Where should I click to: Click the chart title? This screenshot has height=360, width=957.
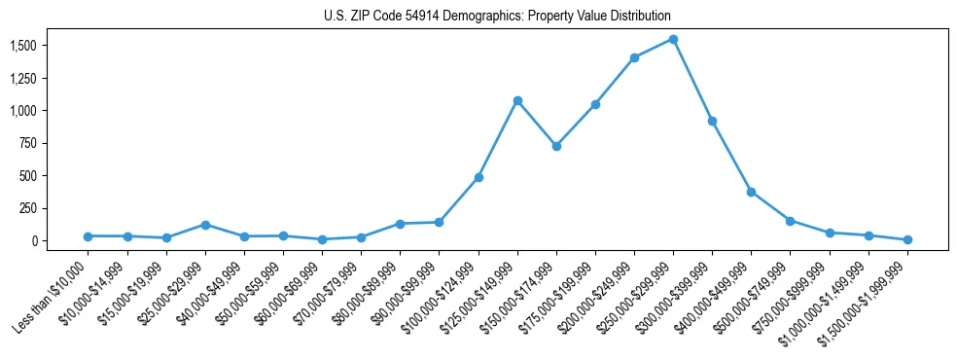tap(497, 17)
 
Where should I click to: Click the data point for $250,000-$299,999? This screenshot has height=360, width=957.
tap(673, 40)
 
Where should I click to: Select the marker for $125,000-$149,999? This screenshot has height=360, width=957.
tap(517, 100)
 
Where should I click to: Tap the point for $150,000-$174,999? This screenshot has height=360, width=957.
tap(556, 146)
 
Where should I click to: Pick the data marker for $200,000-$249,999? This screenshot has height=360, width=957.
tap(634, 57)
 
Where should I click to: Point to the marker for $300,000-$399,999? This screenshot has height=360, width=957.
tap(712, 121)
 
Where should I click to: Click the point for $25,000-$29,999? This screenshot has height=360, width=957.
tap(205, 225)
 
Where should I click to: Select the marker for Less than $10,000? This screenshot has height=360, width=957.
tap(89, 236)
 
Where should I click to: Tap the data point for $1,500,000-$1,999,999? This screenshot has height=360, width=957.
tap(907, 239)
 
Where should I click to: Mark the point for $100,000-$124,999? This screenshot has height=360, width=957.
tap(478, 177)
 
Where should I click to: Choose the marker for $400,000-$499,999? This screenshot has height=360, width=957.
tap(751, 192)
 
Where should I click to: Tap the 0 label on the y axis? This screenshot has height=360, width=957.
tap(33, 240)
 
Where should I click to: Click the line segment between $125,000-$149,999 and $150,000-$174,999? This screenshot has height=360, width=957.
tap(537, 124)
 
